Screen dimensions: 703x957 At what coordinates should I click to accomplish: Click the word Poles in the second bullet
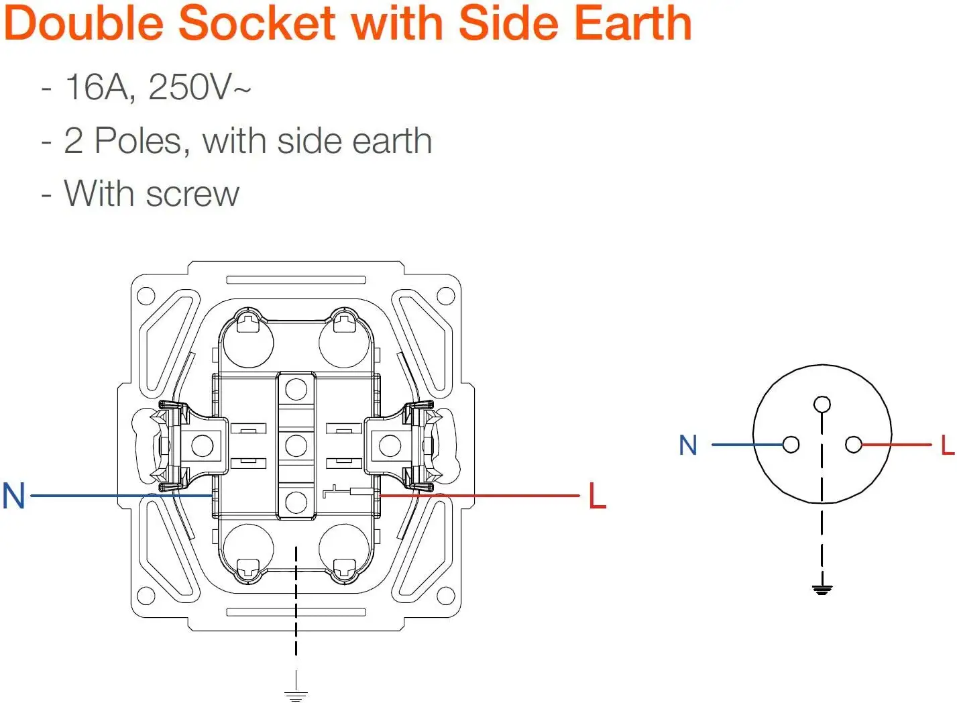(138, 142)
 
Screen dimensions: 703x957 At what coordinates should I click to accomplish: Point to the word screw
(192, 195)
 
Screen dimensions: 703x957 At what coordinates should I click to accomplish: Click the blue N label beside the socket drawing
(13, 496)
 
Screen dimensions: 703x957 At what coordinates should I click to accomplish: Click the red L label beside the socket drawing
(597, 496)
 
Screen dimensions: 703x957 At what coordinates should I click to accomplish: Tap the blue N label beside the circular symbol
(688, 445)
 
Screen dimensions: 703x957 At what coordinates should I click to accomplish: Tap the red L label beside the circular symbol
(947, 445)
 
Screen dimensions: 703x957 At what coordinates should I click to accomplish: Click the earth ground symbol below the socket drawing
(296, 695)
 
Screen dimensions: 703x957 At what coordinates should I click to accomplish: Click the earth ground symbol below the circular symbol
(822, 590)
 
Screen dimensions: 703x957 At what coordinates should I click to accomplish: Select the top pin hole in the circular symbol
(822, 404)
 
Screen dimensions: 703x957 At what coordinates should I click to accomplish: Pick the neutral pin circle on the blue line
(791, 445)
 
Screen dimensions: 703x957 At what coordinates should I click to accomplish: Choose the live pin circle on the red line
(854, 445)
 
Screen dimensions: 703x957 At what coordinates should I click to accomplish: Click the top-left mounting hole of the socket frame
(146, 296)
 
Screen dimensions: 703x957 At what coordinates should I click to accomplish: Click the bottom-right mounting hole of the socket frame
(446, 596)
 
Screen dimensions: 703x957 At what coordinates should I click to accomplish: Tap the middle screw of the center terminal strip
(296, 445)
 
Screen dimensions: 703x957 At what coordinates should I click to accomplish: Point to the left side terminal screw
(203, 445)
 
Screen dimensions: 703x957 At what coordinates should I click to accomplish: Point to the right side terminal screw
(390, 445)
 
